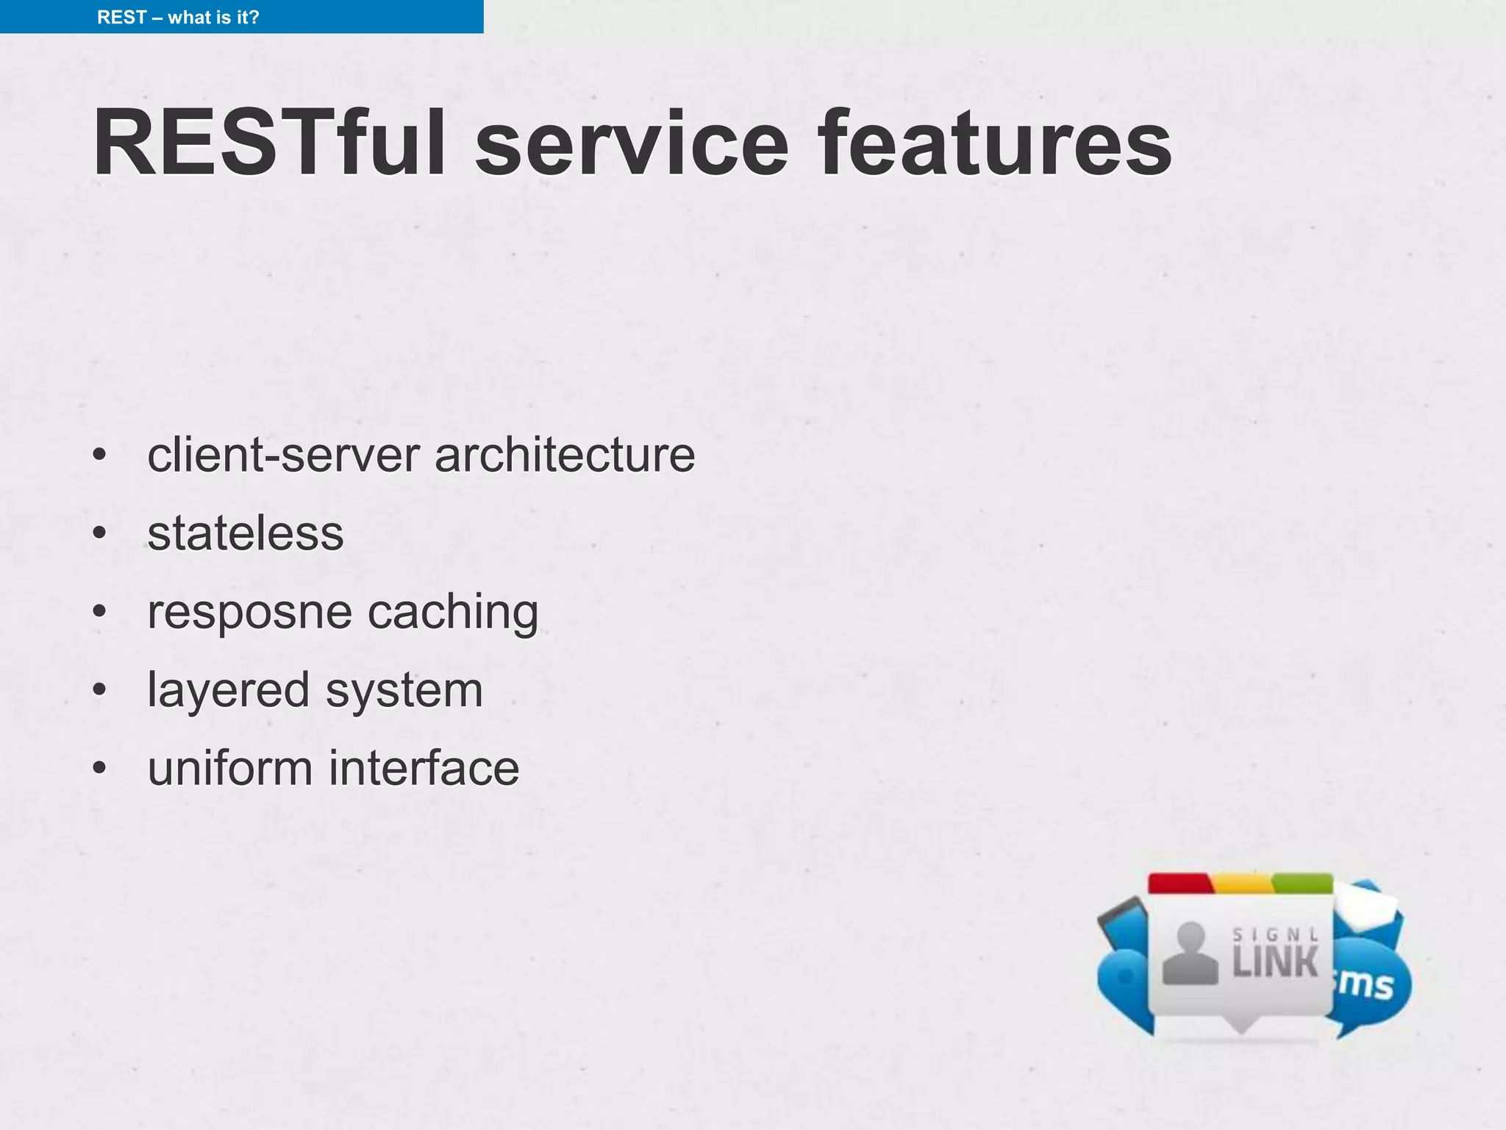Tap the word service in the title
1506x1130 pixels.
[x=632, y=143]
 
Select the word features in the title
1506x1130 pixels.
[x=995, y=143]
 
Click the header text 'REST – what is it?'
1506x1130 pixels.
[x=178, y=17]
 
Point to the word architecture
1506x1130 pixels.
[x=565, y=455]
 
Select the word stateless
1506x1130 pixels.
[x=246, y=533]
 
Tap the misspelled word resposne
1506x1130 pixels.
[x=249, y=613]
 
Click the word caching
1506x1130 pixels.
[x=452, y=611]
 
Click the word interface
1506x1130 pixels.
[x=424, y=768]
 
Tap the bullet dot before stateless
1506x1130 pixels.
[x=100, y=533]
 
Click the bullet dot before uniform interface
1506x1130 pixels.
[x=100, y=768]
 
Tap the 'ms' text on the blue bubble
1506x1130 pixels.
[x=1366, y=984]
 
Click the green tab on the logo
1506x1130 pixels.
[x=1302, y=883]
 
